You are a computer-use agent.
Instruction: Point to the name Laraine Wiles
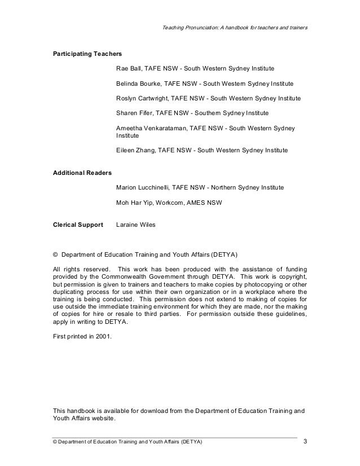point(135,224)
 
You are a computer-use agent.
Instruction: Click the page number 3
point(305,440)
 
